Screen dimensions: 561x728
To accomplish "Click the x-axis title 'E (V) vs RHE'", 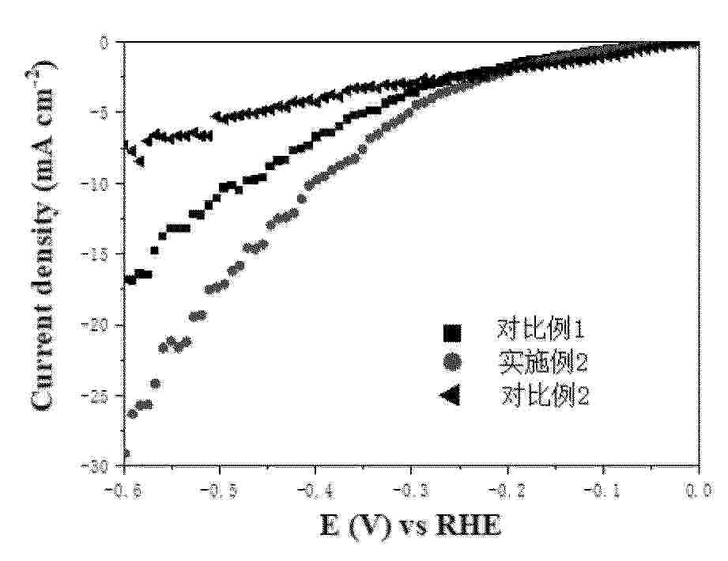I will tap(410, 525).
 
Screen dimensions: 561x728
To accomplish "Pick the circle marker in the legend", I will tap(451, 362).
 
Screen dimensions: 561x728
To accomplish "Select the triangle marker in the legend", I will tap(450, 396).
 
